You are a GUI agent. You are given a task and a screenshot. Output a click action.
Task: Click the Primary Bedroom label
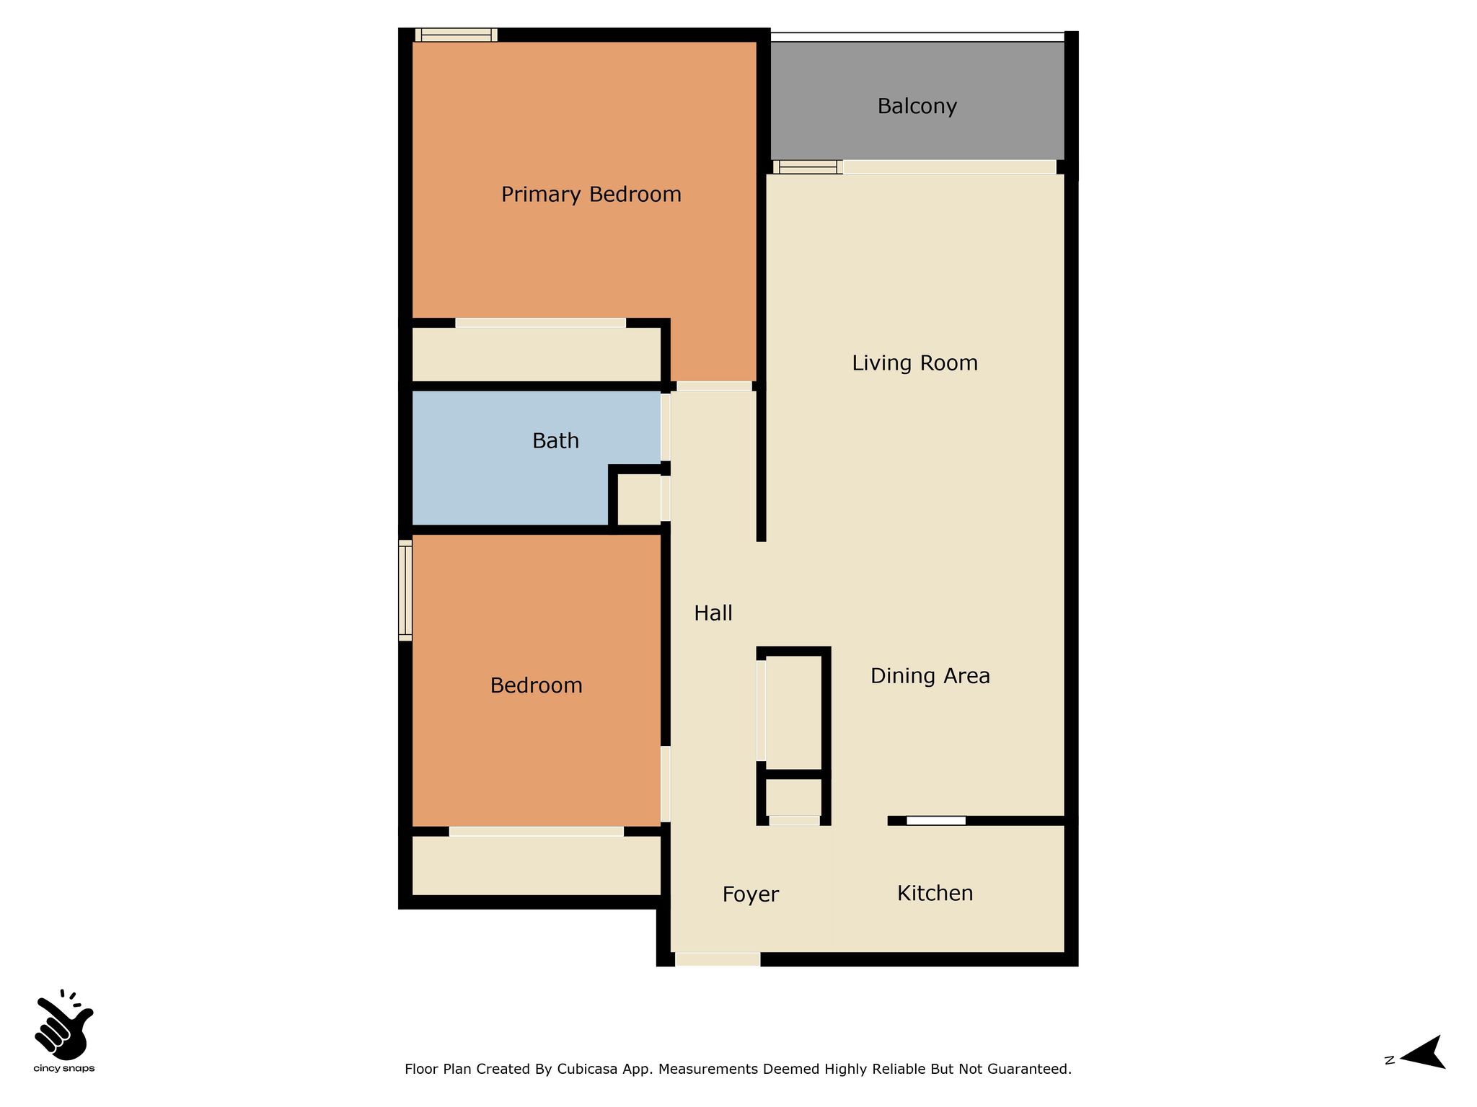(x=591, y=195)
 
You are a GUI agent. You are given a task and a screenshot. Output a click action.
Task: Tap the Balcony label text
(x=917, y=107)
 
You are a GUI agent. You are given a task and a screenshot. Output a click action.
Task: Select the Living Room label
(x=915, y=363)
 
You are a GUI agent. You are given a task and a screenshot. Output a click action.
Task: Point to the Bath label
(x=555, y=440)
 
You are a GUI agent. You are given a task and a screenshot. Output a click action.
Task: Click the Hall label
(x=713, y=613)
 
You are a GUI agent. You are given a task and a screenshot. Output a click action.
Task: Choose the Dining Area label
(x=930, y=675)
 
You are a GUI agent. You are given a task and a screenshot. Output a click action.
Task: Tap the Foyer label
(x=751, y=894)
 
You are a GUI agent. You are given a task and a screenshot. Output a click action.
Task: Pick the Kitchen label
(x=935, y=893)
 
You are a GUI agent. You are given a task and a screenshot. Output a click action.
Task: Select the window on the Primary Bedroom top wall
(x=456, y=35)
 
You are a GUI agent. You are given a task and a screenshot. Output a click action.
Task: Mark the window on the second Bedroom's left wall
(x=405, y=590)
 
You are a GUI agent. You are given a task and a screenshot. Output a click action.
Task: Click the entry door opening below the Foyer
(x=718, y=959)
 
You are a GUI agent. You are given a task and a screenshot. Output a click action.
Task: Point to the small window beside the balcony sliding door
(x=808, y=167)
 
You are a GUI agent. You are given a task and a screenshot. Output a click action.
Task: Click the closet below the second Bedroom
(x=537, y=866)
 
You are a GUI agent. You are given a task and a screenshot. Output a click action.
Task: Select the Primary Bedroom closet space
(x=537, y=355)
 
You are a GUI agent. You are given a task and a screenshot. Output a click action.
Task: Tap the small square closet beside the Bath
(x=640, y=499)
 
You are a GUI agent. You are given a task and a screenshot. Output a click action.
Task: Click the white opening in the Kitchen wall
(x=936, y=820)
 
